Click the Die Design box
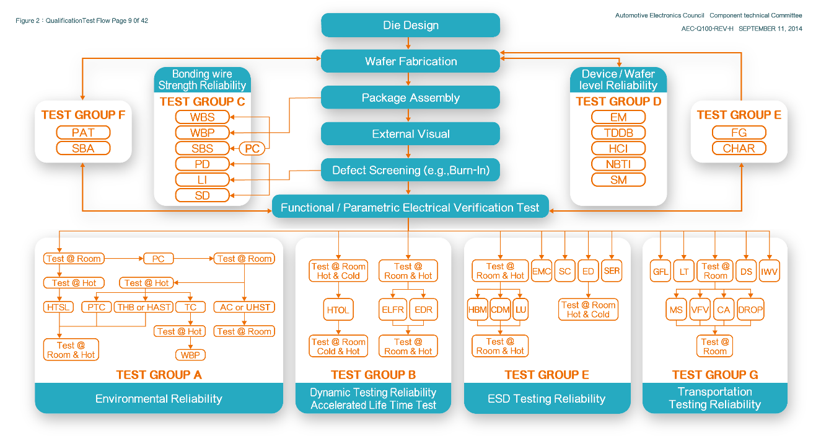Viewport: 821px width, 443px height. [410, 25]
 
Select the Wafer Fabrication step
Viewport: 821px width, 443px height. [410, 61]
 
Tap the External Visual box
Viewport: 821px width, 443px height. [410, 134]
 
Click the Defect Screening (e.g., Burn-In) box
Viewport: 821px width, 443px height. [410, 170]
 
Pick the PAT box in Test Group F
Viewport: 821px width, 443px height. [83, 132]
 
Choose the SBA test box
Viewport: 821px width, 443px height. [83, 148]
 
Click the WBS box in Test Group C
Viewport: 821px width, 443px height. [202, 117]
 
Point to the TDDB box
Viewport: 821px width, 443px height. [618, 133]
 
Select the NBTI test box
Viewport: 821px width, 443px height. [618, 164]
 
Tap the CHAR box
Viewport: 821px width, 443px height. [739, 148]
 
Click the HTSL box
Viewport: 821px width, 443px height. [59, 307]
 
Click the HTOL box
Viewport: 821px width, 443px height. [338, 310]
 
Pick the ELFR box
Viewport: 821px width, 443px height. [392, 310]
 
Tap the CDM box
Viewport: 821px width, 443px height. [500, 310]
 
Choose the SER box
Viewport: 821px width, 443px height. [612, 271]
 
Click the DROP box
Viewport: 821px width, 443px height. [750, 310]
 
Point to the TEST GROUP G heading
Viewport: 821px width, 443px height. [714, 375]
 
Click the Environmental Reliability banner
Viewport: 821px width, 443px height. [159, 398]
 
